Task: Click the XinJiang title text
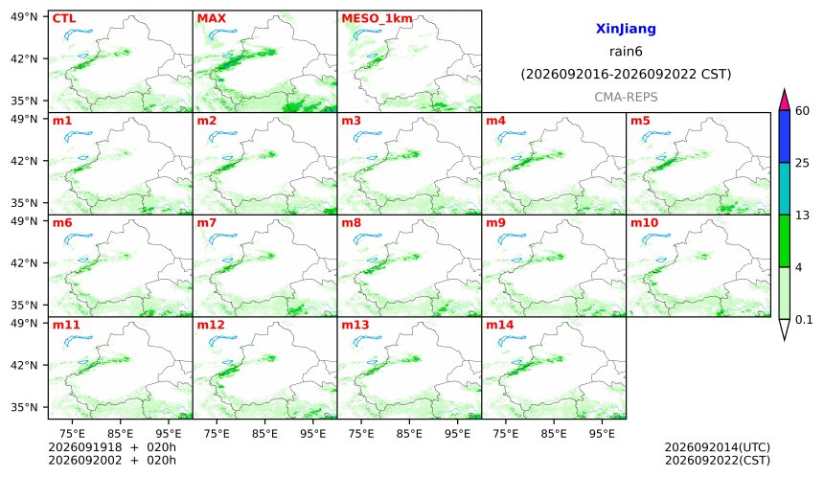pos(626,29)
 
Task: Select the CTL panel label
pos(64,18)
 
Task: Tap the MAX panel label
pos(211,18)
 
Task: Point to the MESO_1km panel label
pos(377,19)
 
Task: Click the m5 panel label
pos(640,121)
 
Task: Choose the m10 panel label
pos(644,223)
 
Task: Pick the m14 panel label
pos(500,325)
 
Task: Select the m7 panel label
pos(207,223)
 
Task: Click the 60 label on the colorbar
pos(802,111)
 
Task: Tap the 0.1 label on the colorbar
pos(804,319)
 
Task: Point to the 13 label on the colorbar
pos(802,216)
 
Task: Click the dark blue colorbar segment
pos(784,137)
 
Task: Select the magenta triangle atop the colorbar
pos(784,102)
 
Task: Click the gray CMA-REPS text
pos(626,97)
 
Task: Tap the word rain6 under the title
pos(626,52)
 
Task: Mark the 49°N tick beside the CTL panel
pos(24,17)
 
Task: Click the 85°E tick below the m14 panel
pos(554,433)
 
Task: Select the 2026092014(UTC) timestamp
pos(718,447)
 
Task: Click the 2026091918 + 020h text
pos(112,447)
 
